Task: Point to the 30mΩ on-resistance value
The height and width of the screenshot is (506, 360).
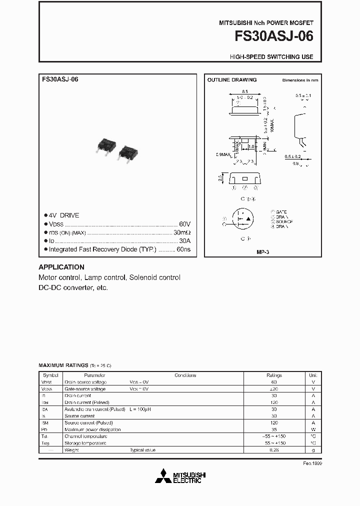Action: point(182,232)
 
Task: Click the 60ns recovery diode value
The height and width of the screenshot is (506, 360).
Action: point(183,249)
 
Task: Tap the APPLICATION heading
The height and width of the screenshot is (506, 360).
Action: point(61,267)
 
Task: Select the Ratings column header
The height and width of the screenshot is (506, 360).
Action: point(274,375)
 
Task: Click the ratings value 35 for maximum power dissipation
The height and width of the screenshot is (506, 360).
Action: point(274,429)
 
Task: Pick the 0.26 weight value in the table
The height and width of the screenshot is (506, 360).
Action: point(274,450)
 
